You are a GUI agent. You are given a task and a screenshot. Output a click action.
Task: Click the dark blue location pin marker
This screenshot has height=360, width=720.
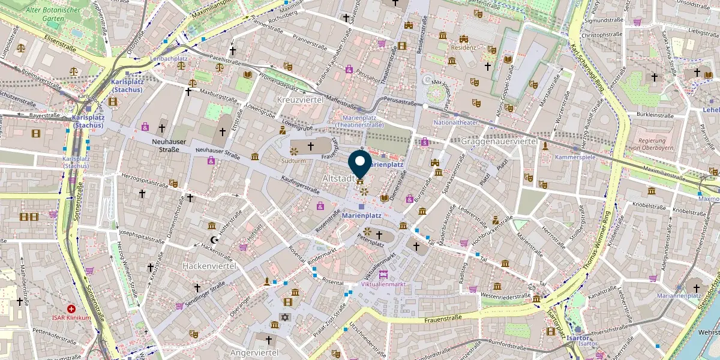(360, 162)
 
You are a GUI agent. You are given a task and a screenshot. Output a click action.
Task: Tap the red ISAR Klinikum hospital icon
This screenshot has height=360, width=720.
(71, 308)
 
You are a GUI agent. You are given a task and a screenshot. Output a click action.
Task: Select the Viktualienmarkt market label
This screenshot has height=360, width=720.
(383, 284)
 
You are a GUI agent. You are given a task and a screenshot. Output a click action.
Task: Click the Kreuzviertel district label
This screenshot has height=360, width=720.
(300, 98)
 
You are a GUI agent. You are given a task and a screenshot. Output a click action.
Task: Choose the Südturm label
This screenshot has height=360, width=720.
(294, 161)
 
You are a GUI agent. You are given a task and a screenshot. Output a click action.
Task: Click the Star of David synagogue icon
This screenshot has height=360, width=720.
(283, 317)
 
